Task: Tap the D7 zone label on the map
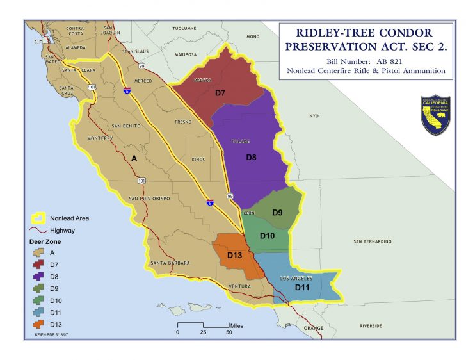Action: (220, 93)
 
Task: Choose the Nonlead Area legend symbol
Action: (38, 218)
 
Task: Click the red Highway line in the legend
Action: (38, 230)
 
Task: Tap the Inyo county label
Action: (313, 116)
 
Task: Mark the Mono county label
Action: (253, 37)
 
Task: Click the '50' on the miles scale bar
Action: (229, 332)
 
